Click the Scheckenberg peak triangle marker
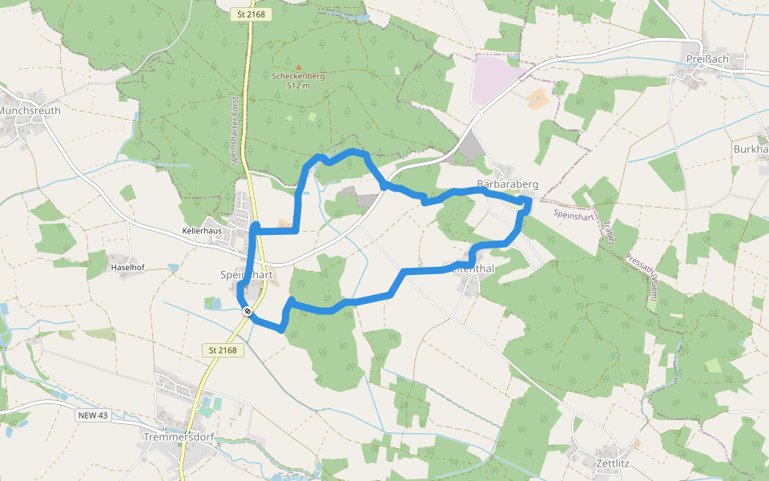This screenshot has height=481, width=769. tap(299, 67)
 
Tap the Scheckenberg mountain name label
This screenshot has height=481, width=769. tap(298, 76)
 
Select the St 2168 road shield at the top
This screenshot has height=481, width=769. tap(251, 14)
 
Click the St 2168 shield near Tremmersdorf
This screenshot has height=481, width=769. tap(223, 350)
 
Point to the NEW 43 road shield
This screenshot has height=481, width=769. tap(94, 415)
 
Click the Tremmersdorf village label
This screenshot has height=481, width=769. tap(180, 437)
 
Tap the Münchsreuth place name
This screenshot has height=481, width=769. tap(29, 111)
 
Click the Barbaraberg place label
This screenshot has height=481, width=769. tap(507, 184)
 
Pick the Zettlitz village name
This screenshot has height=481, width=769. tap(615, 463)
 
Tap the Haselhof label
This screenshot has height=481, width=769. tap(127, 268)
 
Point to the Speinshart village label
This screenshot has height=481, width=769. tap(247, 275)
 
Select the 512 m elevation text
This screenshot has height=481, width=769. tap(298, 86)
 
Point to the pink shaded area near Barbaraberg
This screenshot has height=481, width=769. tap(495, 80)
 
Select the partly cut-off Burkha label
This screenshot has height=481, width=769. tap(751, 150)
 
